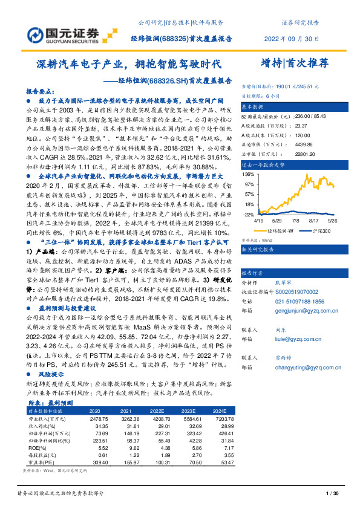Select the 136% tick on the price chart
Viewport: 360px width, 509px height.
(x=248, y=174)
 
